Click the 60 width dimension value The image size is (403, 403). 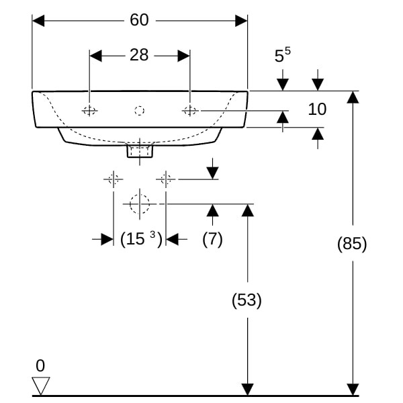[x=139, y=20]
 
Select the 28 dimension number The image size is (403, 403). [x=139, y=55]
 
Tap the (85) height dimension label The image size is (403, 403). [x=352, y=244]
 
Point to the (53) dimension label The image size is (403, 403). [x=247, y=300]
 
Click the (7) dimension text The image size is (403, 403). [x=212, y=238]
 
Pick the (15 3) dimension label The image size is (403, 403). [x=140, y=238]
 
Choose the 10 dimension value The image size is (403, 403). [x=317, y=109]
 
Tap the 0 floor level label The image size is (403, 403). [x=40, y=366]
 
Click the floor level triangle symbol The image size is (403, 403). [x=41, y=386]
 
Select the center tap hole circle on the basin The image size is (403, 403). [x=140, y=110]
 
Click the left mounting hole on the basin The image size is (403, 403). [x=89, y=110]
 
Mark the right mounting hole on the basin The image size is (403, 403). [x=190, y=110]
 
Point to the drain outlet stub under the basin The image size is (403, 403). [x=140, y=150]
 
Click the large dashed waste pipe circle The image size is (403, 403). [x=140, y=203]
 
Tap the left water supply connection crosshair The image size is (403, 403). [x=113, y=179]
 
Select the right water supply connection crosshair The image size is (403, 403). [x=166, y=179]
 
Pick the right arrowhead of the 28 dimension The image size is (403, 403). [x=184, y=55]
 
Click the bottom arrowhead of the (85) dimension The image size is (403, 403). [x=352, y=390]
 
